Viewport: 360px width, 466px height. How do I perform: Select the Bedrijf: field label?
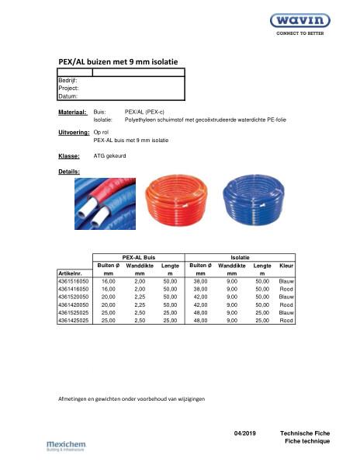(67, 80)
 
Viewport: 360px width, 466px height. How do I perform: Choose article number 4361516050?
(74, 282)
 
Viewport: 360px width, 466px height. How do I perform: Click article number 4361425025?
(74, 319)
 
